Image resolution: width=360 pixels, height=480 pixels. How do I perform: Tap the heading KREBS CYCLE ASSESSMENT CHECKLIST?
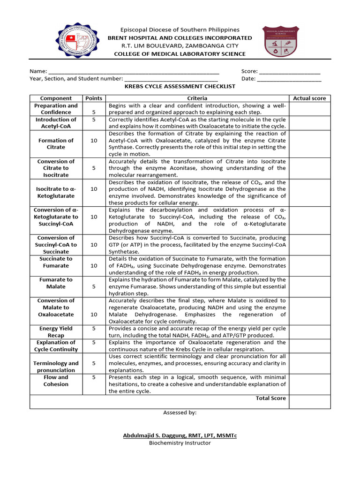click(180, 87)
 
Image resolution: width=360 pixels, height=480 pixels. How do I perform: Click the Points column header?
click(94, 98)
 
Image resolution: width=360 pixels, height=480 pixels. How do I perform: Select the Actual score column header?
click(309, 98)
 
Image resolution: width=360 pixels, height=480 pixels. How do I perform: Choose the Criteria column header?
click(197, 98)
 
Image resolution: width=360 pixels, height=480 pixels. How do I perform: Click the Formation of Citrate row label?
click(56, 144)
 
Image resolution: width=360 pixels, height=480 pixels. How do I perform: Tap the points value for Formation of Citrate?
click(94, 141)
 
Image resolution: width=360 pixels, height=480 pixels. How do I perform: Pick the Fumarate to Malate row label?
click(56, 283)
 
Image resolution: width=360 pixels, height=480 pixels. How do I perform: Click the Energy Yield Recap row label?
click(56, 332)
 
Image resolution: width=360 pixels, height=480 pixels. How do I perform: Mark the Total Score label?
click(270, 398)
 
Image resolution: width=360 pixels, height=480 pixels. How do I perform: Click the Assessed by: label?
click(180, 413)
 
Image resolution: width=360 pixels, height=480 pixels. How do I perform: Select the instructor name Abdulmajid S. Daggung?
click(180, 436)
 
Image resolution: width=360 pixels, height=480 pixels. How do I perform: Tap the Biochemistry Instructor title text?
click(180, 443)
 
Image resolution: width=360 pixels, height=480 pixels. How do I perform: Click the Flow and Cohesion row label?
click(56, 381)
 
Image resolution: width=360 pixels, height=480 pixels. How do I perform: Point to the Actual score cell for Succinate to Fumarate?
click(309, 266)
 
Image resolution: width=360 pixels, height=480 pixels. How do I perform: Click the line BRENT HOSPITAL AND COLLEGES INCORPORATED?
click(180, 38)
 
